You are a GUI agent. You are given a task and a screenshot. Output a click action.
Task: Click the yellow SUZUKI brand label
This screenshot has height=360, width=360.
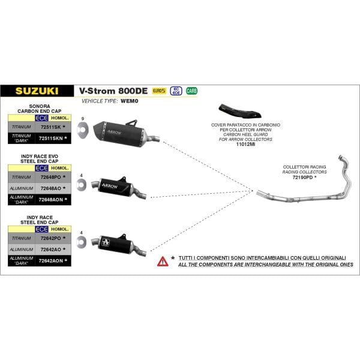(x=37, y=91)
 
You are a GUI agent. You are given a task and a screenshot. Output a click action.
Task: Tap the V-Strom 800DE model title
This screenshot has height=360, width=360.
(x=113, y=91)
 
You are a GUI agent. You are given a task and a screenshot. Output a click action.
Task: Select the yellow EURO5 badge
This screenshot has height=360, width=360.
(x=159, y=91)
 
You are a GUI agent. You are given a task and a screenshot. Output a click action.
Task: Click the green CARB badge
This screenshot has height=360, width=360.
(x=191, y=91)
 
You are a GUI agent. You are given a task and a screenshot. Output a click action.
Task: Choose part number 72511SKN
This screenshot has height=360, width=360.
(x=51, y=139)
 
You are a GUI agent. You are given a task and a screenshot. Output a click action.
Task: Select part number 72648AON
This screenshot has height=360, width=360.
(x=51, y=199)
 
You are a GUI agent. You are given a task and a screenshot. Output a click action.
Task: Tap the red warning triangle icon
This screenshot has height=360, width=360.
(x=163, y=261)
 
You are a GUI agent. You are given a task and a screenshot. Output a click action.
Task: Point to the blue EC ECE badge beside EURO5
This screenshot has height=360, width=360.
(x=175, y=91)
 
